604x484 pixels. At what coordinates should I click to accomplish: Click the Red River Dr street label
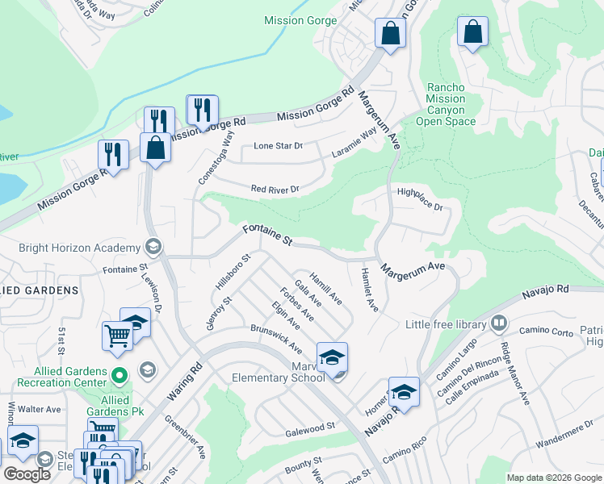pyautogui.click(x=275, y=190)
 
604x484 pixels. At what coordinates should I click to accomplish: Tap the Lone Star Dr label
pyautogui.click(x=278, y=146)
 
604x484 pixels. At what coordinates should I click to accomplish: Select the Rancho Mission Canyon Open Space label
pyautogui.click(x=446, y=105)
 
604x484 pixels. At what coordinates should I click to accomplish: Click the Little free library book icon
pyautogui.click(x=499, y=324)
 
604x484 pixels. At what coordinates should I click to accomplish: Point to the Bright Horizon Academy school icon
pyautogui.click(x=153, y=246)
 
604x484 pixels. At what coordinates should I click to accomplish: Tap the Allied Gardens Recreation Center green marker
pyautogui.click(x=120, y=375)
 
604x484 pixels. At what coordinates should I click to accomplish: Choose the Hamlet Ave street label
pyautogui.click(x=370, y=289)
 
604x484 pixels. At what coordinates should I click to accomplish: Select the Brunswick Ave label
pyautogui.click(x=275, y=339)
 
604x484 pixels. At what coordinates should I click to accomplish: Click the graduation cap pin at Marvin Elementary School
pyautogui.click(x=332, y=357)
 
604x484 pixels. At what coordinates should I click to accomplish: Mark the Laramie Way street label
pyautogui.click(x=354, y=144)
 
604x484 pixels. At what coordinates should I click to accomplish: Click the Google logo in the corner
pyautogui.click(x=26, y=474)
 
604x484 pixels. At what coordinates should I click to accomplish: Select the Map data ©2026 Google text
pyautogui.click(x=554, y=478)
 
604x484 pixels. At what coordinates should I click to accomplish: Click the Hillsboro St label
pyautogui.click(x=233, y=273)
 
